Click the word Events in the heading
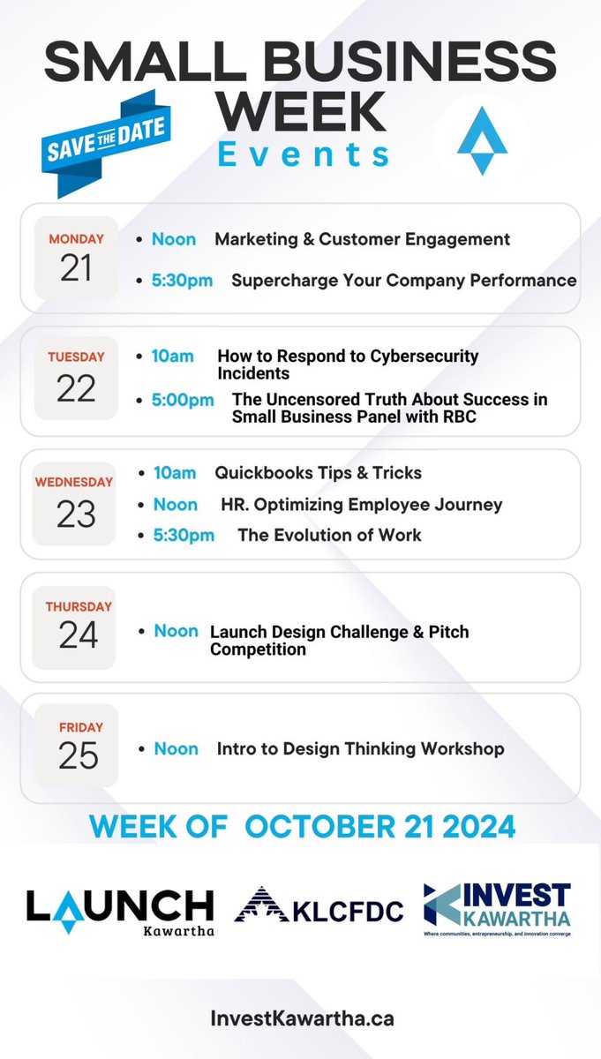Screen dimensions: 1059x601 (x=304, y=154)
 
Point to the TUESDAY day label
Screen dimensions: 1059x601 (x=76, y=357)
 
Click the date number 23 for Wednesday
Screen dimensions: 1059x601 (x=75, y=514)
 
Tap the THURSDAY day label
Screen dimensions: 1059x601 (x=79, y=607)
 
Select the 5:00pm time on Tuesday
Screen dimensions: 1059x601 (x=183, y=400)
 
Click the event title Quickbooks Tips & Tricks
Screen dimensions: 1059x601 (x=318, y=473)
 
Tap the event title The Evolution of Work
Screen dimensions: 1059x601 (x=329, y=535)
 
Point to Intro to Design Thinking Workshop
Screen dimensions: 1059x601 (x=360, y=748)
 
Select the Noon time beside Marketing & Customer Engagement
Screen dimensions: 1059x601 (x=174, y=239)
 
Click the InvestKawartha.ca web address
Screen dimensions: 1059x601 (x=302, y=1018)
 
